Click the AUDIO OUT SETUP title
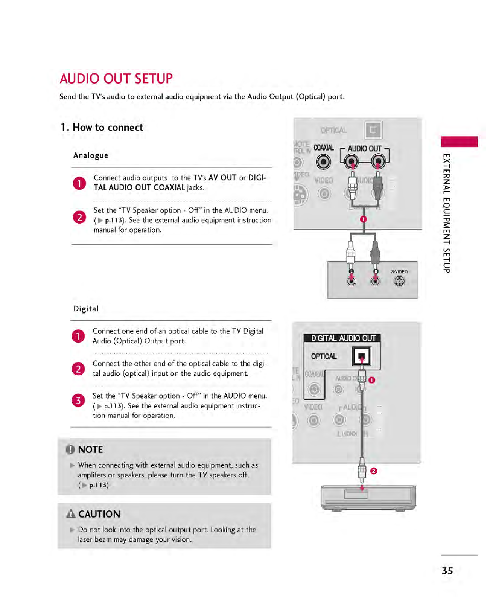tap(116, 79)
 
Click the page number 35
tap(447, 571)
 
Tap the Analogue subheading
tap(91, 155)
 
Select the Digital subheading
tap(86, 309)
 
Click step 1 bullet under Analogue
tap(79, 183)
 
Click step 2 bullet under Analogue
tap(79, 217)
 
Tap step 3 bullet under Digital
tap(78, 400)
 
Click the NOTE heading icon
tap(70, 449)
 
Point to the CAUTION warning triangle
tap(71, 514)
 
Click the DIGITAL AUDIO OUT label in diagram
tap(343, 338)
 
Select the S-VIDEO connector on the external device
tap(399, 281)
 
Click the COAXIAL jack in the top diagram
tap(323, 162)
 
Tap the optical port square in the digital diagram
tap(362, 356)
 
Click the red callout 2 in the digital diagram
tap(374, 471)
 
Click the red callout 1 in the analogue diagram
tap(363, 219)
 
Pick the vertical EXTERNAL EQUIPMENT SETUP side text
tap(446, 213)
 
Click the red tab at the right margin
tap(459, 142)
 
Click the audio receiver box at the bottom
tap(368, 497)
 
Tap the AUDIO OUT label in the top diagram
tap(364, 149)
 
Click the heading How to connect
tap(102, 127)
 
